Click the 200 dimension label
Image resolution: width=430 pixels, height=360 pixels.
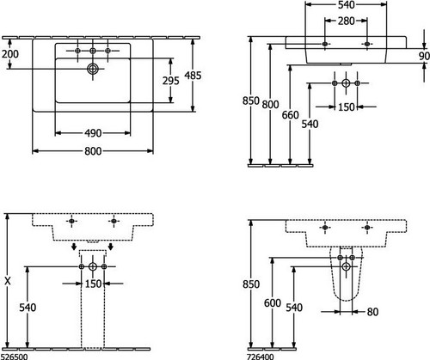coord(10,54)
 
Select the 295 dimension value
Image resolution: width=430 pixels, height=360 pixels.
coord(171,81)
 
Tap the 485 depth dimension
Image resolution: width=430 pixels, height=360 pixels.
coord(193,76)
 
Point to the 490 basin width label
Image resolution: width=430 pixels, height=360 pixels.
coord(93,133)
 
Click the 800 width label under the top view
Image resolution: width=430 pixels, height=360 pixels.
coord(93,151)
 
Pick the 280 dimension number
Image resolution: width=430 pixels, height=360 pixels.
coord(346,21)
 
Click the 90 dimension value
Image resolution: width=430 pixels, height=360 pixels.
coord(424,56)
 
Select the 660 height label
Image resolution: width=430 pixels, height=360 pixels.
coord(290,115)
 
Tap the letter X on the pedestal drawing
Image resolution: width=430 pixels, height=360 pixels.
coord(8,281)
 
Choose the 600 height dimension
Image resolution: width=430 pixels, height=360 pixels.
coord(273,303)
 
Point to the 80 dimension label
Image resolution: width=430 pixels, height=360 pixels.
coord(372,312)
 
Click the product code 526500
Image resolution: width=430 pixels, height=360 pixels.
coord(14,357)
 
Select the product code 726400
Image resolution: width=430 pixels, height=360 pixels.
coord(260,357)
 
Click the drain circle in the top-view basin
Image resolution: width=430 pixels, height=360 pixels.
coord(93,69)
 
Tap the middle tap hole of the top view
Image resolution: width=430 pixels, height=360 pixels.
coord(93,51)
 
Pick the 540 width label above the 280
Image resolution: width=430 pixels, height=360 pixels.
coord(346,5)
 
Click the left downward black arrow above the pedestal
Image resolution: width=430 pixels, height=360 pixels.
coord(74,247)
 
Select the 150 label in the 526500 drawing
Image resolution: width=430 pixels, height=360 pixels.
coord(93,284)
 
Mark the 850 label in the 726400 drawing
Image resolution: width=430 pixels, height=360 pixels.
coord(251,284)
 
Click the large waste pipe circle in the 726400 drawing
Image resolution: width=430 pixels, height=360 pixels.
coord(347,267)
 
